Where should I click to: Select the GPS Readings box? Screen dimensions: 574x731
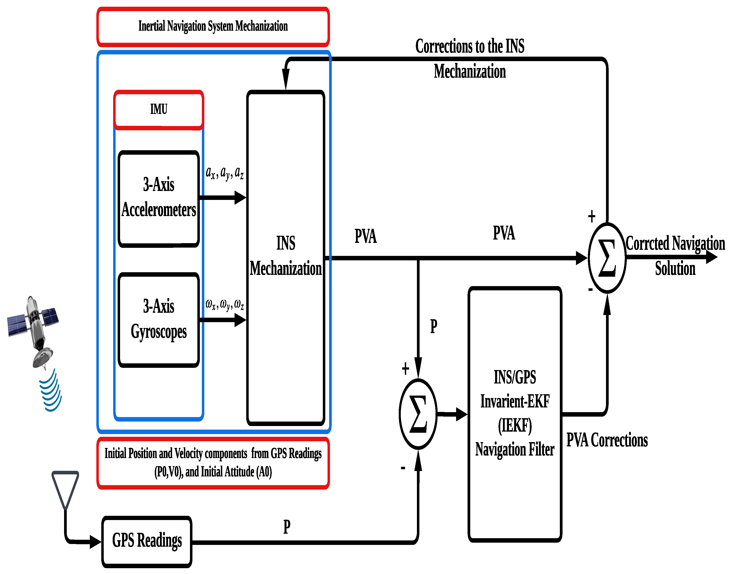[147, 541]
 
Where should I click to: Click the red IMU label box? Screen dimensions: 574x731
[159, 109]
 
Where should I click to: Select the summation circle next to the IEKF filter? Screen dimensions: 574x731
[418, 414]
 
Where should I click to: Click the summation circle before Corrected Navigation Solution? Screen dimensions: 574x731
[607, 258]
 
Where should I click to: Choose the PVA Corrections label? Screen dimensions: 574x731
[607, 440]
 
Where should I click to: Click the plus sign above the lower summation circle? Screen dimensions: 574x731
[405, 369]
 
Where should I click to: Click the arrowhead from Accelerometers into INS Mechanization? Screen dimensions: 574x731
[240, 198]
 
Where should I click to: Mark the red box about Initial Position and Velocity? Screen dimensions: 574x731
[213, 463]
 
